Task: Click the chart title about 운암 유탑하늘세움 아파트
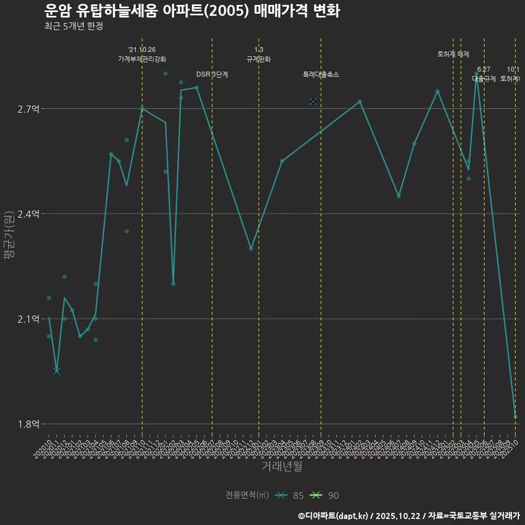pos(192,11)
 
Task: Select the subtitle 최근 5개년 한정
pos(74,26)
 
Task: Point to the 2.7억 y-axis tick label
pos(28,109)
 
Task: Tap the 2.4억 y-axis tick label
pos(28,214)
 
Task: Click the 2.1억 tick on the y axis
pos(28,319)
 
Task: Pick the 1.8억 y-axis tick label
pos(28,424)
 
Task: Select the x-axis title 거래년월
pos(282,466)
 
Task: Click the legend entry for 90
pos(325,495)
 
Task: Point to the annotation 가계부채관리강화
pos(142,59)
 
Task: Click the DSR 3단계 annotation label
pos(212,74)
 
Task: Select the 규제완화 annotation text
pos(259,59)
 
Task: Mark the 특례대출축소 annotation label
pos(321,74)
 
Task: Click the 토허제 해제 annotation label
pos(453,54)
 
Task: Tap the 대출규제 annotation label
pos(484,79)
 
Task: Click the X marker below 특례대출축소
pos(313,101)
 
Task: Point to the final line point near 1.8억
pos(515,417)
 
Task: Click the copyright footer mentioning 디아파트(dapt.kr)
pos(409,515)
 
